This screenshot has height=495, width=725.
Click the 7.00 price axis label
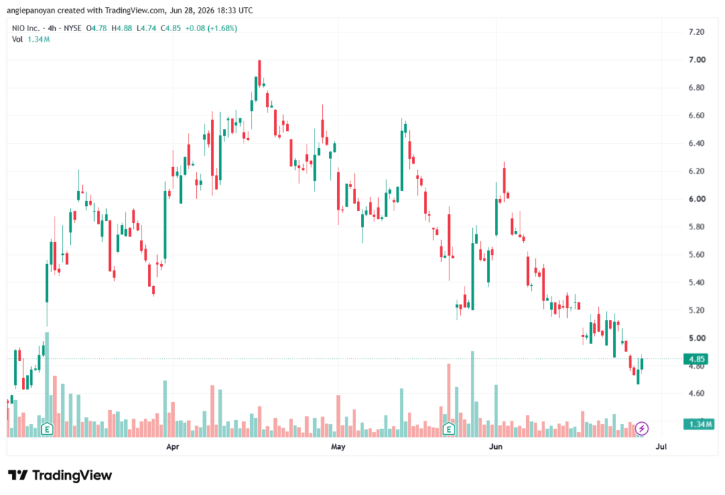697,59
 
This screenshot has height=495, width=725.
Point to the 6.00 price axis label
697,199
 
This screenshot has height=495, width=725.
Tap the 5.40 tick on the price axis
697,282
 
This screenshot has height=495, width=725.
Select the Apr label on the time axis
173,446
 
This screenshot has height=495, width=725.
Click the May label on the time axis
338,446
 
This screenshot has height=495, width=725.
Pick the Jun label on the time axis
496,446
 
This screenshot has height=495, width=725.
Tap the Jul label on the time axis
661,446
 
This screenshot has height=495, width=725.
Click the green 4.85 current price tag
697,359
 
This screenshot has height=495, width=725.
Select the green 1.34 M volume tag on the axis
699,424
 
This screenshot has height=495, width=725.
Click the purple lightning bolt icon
641,429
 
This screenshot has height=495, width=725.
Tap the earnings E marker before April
47,429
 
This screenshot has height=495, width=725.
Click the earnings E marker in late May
448,429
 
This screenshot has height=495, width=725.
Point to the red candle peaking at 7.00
259,73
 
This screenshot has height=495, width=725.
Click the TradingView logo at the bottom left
60,475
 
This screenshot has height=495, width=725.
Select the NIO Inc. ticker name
26,28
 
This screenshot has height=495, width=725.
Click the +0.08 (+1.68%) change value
211,28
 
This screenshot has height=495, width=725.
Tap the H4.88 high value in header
122,28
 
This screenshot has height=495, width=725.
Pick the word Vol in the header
17,40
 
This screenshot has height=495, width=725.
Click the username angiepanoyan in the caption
31,10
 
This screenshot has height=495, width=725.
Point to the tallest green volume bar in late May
472,394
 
